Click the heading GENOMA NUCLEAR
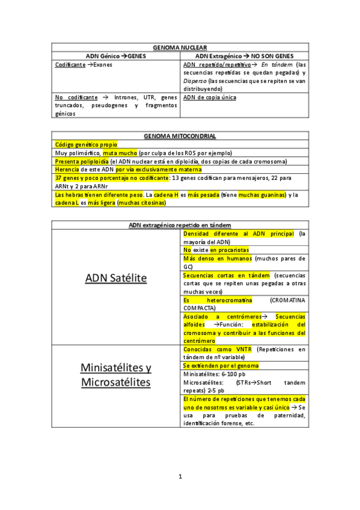[x=180, y=47]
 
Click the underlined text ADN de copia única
[x=210, y=97]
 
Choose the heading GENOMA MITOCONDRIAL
[x=180, y=137]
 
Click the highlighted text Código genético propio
[x=86, y=145]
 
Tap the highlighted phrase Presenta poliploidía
[x=82, y=162]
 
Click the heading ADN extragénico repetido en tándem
[x=180, y=225]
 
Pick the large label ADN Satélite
[x=116, y=278]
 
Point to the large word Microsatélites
[x=116, y=382]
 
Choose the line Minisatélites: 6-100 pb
[x=214, y=374]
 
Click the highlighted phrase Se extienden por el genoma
[x=221, y=366]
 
